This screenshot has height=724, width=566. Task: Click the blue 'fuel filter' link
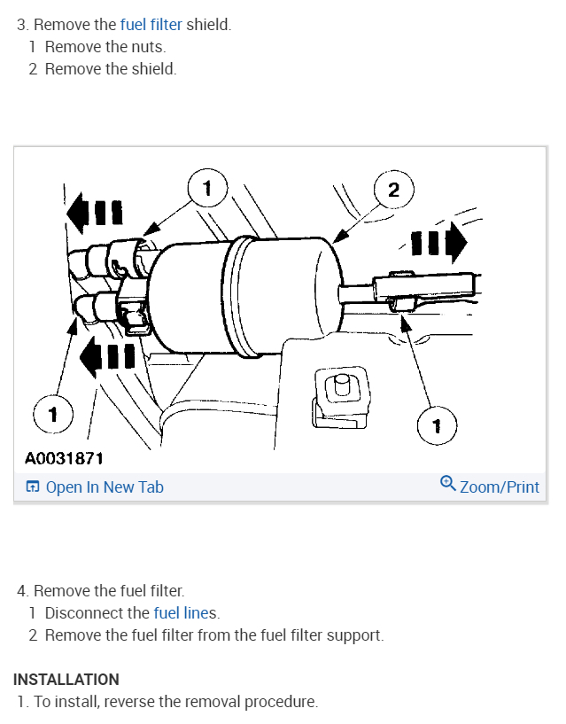[151, 25]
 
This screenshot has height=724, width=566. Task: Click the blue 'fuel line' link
[182, 612]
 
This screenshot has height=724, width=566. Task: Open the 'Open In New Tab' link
[104, 487]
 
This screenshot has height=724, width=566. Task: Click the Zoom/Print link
[499, 487]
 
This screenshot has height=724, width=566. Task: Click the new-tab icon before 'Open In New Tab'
[33, 487]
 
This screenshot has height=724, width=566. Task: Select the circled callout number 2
[394, 189]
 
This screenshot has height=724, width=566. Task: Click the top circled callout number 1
[207, 187]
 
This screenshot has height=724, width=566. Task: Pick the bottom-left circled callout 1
[53, 413]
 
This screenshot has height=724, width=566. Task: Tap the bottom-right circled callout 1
[436, 427]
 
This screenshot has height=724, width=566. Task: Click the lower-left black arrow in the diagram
[107, 356]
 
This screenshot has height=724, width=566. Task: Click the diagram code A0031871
[64, 458]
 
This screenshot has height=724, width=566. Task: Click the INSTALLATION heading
[66, 680]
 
